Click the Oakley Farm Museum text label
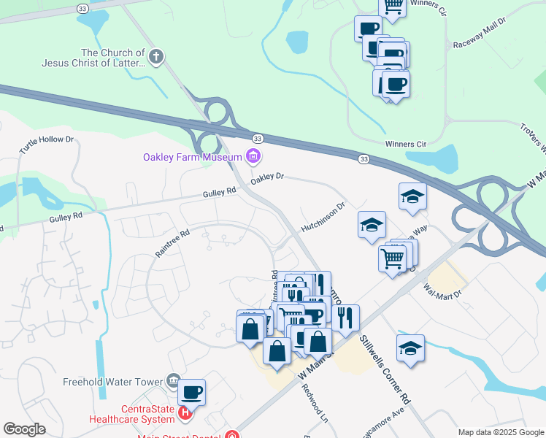tap(192, 157)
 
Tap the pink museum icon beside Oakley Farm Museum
tap(253, 155)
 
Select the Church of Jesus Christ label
tap(112, 58)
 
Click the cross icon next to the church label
tap(155, 56)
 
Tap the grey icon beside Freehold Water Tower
tap(174, 379)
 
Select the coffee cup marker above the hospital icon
tap(192, 393)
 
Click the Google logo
tap(24, 429)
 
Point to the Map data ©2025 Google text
tap(500, 432)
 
